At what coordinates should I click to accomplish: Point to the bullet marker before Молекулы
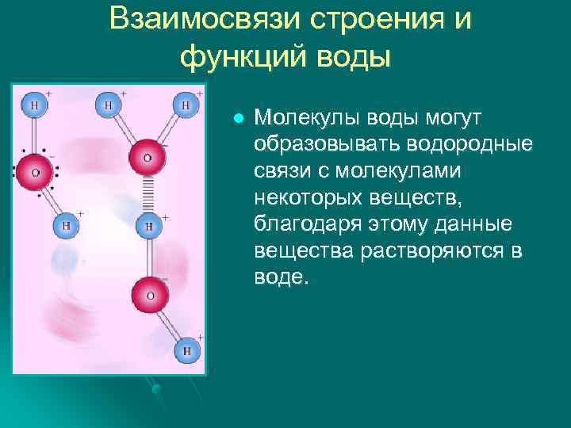pyautogui.click(x=236, y=120)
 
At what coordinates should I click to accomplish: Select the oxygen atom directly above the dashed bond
pyautogui.click(x=147, y=157)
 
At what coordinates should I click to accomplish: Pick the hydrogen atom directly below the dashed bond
pyautogui.click(x=147, y=226)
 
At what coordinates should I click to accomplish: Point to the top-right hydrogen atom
pyautogui.click(x=186, y=105)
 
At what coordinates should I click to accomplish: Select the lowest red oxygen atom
pyautogui.click(x=148, y=294)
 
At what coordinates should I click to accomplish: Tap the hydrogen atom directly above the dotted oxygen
pyautogui.click(x=34, y=104)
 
